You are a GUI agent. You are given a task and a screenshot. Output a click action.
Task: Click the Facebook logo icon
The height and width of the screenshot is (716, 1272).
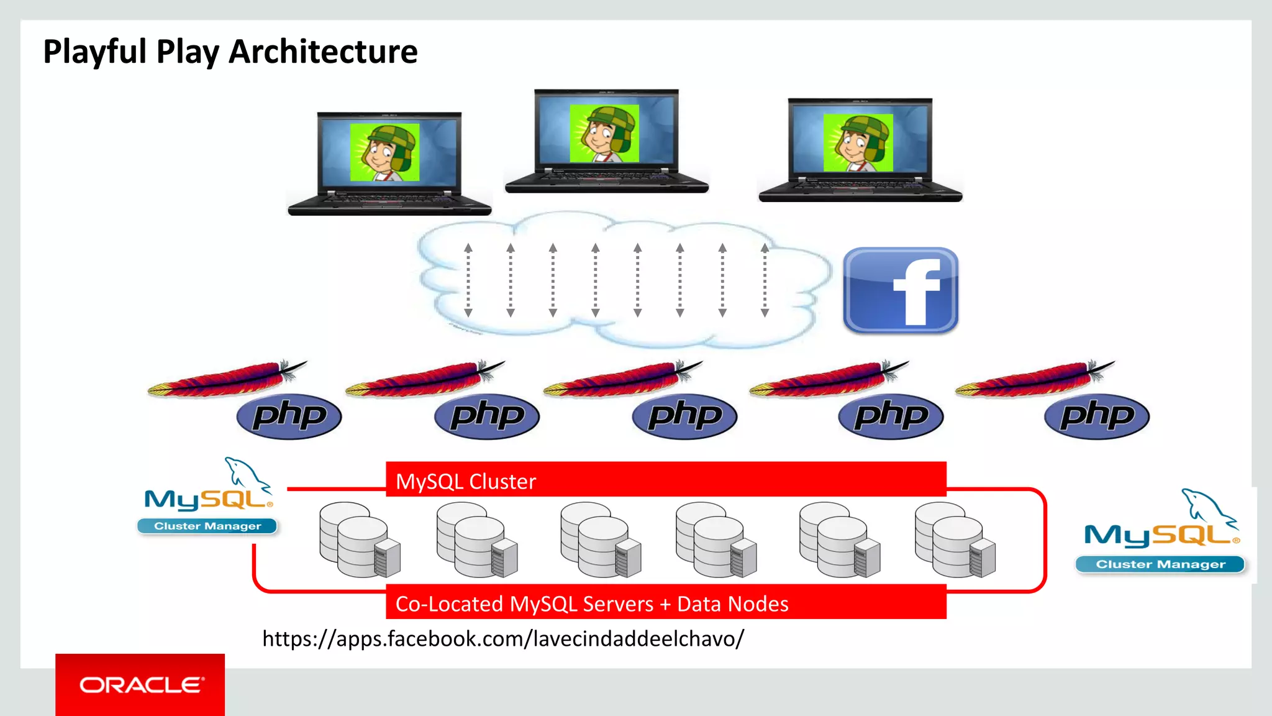tap(901, 290)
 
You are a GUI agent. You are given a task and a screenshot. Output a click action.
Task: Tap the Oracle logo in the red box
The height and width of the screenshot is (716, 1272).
tap(141, 685)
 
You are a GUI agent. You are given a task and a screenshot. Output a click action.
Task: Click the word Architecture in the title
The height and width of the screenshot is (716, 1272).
tap(323, 52)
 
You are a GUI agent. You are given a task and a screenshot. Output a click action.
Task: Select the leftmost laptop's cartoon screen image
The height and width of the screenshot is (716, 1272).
tap(384, 152)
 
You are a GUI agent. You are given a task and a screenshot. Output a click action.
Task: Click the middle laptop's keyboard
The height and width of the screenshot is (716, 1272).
tap(606, 177)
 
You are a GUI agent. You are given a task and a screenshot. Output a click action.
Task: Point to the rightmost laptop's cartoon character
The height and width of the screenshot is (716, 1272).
tap(858, 142)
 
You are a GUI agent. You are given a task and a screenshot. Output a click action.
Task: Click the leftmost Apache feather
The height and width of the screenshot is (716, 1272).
tap(227, 380)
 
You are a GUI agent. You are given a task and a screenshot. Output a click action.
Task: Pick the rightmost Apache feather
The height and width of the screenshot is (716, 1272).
tap(1035, 380)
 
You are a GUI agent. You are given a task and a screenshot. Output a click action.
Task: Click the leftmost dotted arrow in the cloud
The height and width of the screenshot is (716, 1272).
tap(468, 280)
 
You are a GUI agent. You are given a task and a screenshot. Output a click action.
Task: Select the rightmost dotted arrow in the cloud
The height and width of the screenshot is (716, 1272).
tap(765, 280)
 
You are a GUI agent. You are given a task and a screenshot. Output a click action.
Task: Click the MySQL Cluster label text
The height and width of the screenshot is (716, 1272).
tap(466, 482)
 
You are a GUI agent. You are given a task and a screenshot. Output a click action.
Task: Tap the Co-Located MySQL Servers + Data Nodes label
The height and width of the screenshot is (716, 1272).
tap(592, 604)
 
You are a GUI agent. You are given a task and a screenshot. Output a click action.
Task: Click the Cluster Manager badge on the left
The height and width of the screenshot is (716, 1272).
tap(207, 526)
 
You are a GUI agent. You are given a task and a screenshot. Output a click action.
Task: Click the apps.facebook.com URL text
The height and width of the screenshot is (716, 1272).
tap(503, 639)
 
